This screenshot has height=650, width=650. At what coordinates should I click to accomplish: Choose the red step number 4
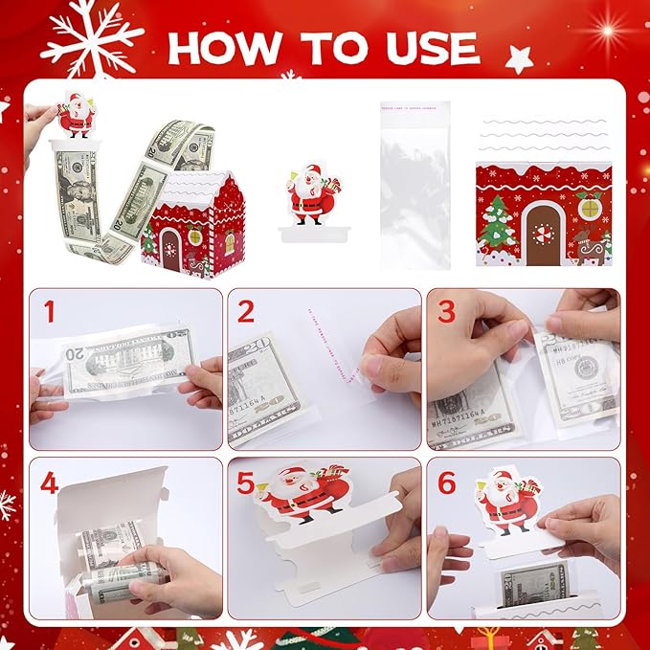[x=50, y=483]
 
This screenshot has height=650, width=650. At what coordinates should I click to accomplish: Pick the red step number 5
[x=247, y=483]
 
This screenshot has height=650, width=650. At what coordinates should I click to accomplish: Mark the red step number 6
[x=446, y=483]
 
